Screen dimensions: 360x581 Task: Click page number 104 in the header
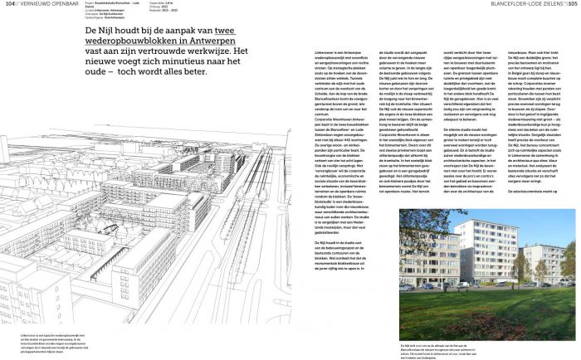pos(10,4)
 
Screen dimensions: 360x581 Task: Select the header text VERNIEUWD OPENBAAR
pos(41,4)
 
